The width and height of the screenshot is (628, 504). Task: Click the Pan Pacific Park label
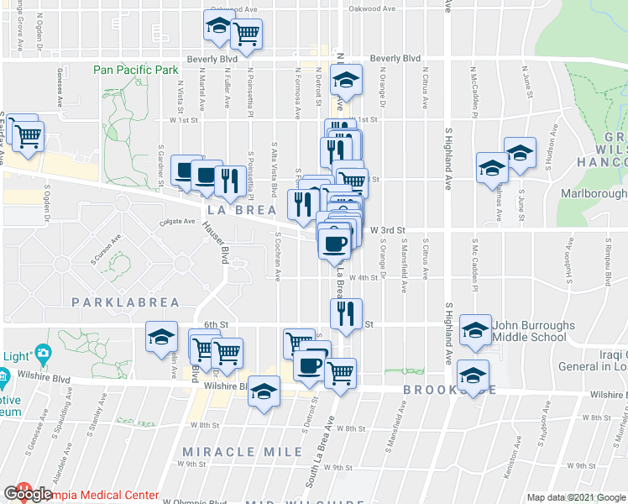click(134, 70)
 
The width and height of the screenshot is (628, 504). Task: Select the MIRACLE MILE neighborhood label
click(242, 452)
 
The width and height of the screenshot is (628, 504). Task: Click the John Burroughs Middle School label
click(533, 331)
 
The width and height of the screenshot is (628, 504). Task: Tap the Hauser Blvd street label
click(214, 243)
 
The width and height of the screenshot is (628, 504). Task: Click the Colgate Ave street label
click(178, 223)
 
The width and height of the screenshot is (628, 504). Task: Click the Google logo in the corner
click(27, 495)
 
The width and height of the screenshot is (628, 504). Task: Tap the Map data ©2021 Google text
click(576, 497)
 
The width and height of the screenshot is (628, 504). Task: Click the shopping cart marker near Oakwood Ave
click(246, 34)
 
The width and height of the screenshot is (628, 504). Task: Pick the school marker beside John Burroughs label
click(476, 331)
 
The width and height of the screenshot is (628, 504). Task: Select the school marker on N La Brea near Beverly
click(344, 81)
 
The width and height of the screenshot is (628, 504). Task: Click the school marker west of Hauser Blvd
click(160, 338)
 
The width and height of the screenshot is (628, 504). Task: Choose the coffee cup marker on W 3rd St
click(334, 242)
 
